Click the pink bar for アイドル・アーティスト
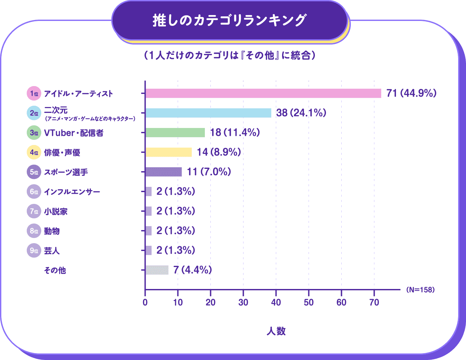click(263, 93)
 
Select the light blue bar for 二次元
click(208, 113)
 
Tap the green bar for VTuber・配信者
click(175, 133)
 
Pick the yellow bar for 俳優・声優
click(169, 152)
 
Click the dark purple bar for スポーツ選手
click(163, 172)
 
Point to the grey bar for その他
click(157, 270)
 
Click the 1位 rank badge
click(34, 94)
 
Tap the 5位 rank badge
click(34, 172)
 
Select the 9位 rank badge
click(34, 251)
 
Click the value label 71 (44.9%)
click(411, 93)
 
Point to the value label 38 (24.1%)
click(301, 113)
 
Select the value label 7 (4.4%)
click(192, 270)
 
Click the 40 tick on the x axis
click(276, 302)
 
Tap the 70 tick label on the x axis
click(374, 302)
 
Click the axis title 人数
click(276, 331)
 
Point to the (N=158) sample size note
click(420, 290)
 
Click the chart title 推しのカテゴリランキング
click(229, 20)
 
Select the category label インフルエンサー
click(72, 192)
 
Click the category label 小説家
click(56, 211)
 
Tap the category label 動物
click(52, 231)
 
